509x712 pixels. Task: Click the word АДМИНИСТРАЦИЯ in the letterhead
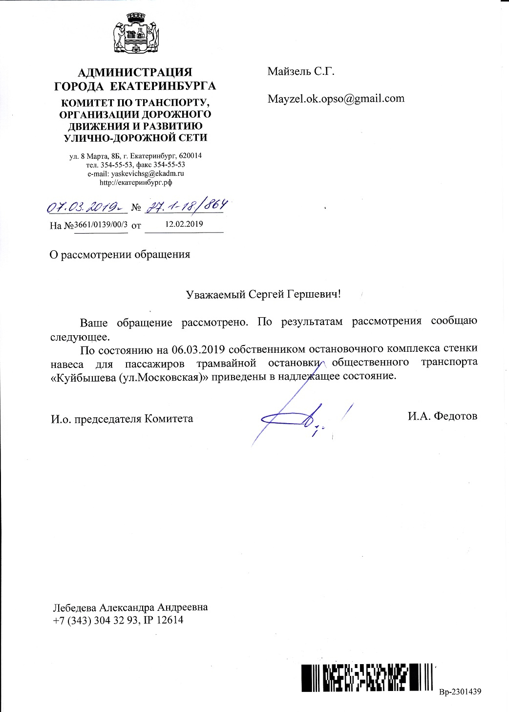pyautogui.click(x=135, y=73)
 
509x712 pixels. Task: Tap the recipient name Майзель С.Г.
pyautogui.click(x=300, y=71)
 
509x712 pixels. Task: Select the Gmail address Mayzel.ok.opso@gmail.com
pyautogui.click(x=336, y=98)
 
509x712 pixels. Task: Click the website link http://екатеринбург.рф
pyautogui.click(x=135, y=182)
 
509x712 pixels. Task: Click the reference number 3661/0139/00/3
pyautogui.click(x=101, y=225)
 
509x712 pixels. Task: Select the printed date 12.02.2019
pyautogui.click(x=184, y=224)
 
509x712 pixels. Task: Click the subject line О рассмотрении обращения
pyautogui.click(x=120, y=255)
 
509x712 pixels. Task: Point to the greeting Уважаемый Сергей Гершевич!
pyautogui.click(x=263, y=295)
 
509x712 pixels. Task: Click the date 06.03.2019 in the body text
pyautogui.click(x=198, y=349)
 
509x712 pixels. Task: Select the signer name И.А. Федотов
pyautogui.click(x=442, y=416)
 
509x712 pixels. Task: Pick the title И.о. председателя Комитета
pyautogui.click(x=122, y=419)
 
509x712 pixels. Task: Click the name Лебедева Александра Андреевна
pyautogui.click(x=130, y=607)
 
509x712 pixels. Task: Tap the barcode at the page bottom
pyautogui.click(x=367, y=677)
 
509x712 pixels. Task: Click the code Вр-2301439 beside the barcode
pyautogui.click(x=460, y=691)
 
